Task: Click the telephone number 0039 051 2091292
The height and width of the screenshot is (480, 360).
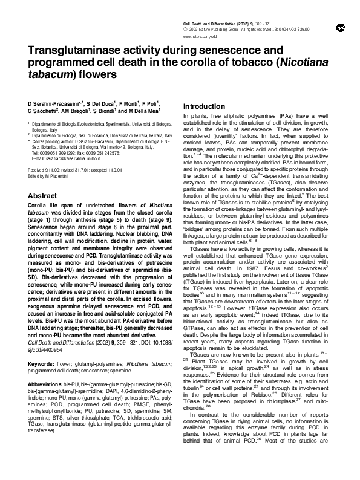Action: (x=59, y=152)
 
